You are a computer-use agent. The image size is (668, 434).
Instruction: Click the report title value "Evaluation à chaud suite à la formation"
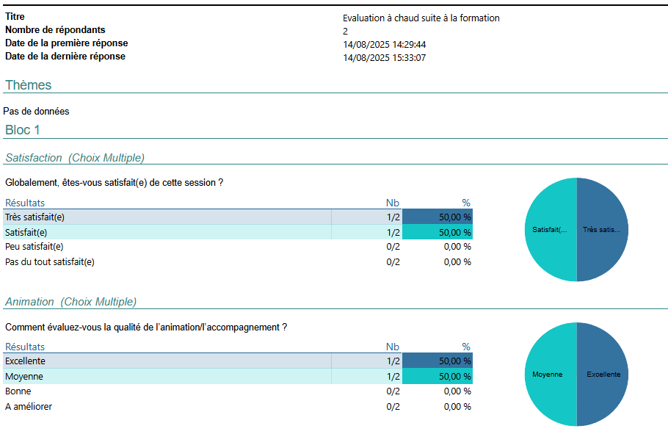[421, 18]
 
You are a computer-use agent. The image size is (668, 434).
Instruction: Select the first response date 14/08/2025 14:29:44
[384, 45]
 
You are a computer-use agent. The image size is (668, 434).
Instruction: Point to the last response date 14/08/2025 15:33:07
[384, 58]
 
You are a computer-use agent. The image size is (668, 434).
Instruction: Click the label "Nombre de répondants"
[55, 30]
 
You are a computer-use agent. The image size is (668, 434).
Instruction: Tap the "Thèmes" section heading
[29, 85]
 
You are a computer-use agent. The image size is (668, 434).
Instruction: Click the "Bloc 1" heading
[23, 130]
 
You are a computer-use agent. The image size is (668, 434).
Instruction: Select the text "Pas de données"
[37, 112]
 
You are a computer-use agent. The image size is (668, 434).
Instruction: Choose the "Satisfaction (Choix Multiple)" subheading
[75, 158]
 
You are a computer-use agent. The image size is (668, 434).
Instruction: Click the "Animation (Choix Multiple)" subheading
[70, 302]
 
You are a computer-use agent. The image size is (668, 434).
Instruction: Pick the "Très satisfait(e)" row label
[35, 217]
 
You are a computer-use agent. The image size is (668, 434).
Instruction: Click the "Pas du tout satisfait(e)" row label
[50, 261]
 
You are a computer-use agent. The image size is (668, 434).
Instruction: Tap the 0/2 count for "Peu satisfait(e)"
[393, 247]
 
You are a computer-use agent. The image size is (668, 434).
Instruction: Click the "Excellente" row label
[25, 361]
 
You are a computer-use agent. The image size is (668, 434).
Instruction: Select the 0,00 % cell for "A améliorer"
[457, 407]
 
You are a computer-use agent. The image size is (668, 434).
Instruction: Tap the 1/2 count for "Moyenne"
[393, 377]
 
